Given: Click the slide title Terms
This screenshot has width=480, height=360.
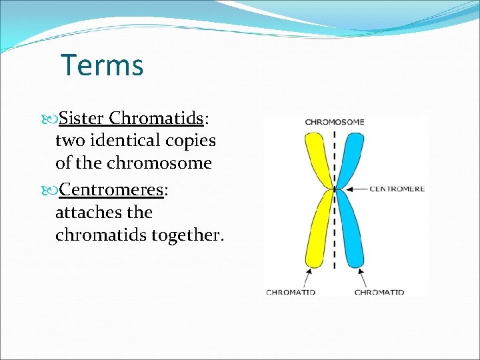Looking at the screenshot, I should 102,65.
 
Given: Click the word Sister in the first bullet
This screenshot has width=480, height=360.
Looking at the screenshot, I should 81,119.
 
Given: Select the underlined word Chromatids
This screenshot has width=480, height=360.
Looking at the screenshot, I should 156,119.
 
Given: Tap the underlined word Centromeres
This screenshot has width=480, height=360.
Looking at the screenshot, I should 111,190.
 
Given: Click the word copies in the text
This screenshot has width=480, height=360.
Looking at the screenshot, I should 191,141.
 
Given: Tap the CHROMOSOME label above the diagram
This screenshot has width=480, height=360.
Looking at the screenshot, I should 335,122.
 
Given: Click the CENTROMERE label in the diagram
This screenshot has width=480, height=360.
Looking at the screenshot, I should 397,189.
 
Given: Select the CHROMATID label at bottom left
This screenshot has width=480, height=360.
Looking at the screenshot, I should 291,292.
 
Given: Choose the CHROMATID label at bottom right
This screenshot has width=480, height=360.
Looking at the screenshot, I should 379,292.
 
